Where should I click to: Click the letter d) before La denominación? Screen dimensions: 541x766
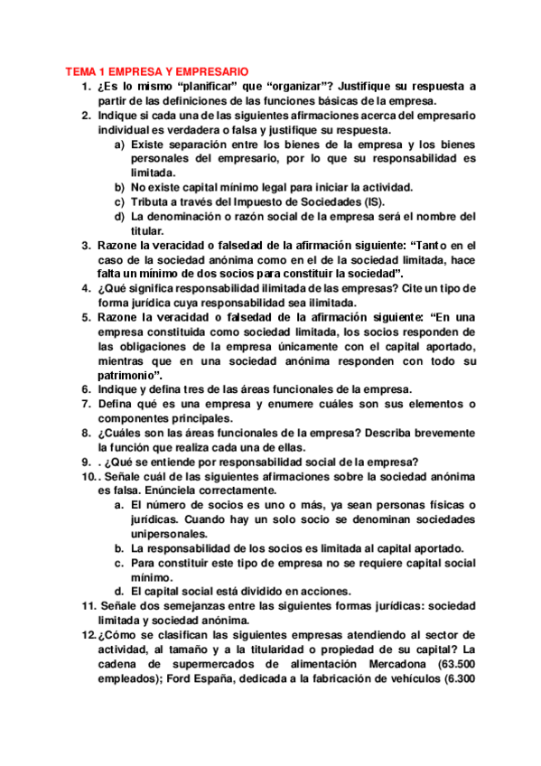(118, 216)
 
